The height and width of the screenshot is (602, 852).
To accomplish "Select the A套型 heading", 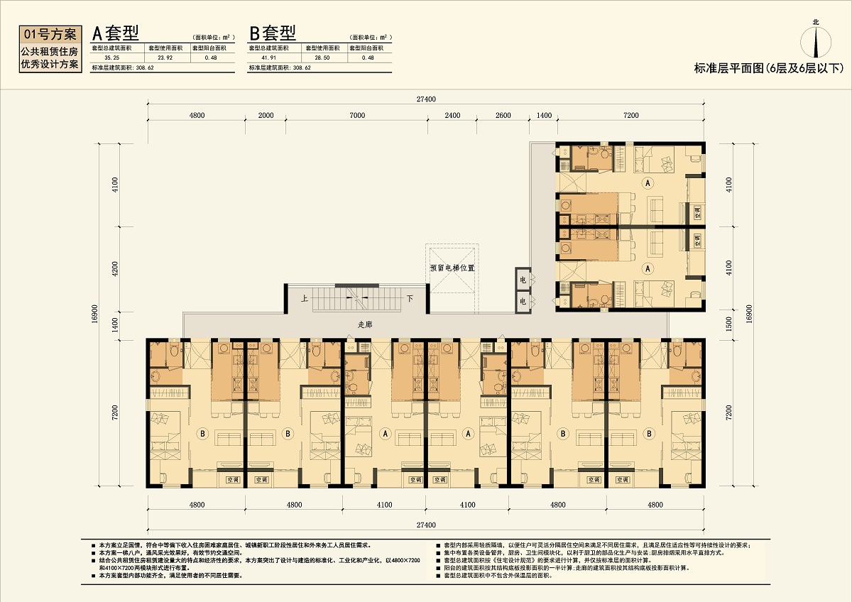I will click(x=115, y=33).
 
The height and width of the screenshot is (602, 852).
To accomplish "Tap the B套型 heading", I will click(x=272, y=33).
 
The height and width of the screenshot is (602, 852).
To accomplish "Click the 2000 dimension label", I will click(x=266, y=115).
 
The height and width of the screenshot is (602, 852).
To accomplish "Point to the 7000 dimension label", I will click(x=357, y=115).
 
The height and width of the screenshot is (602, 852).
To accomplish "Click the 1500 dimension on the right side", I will click(x=726, y=325).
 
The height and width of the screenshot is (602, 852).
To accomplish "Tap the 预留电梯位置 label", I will click(x=452, y=268).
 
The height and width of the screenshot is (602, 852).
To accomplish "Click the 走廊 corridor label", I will click(x=365, y=324).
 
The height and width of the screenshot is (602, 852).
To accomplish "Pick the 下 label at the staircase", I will click(x=409, y=299).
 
